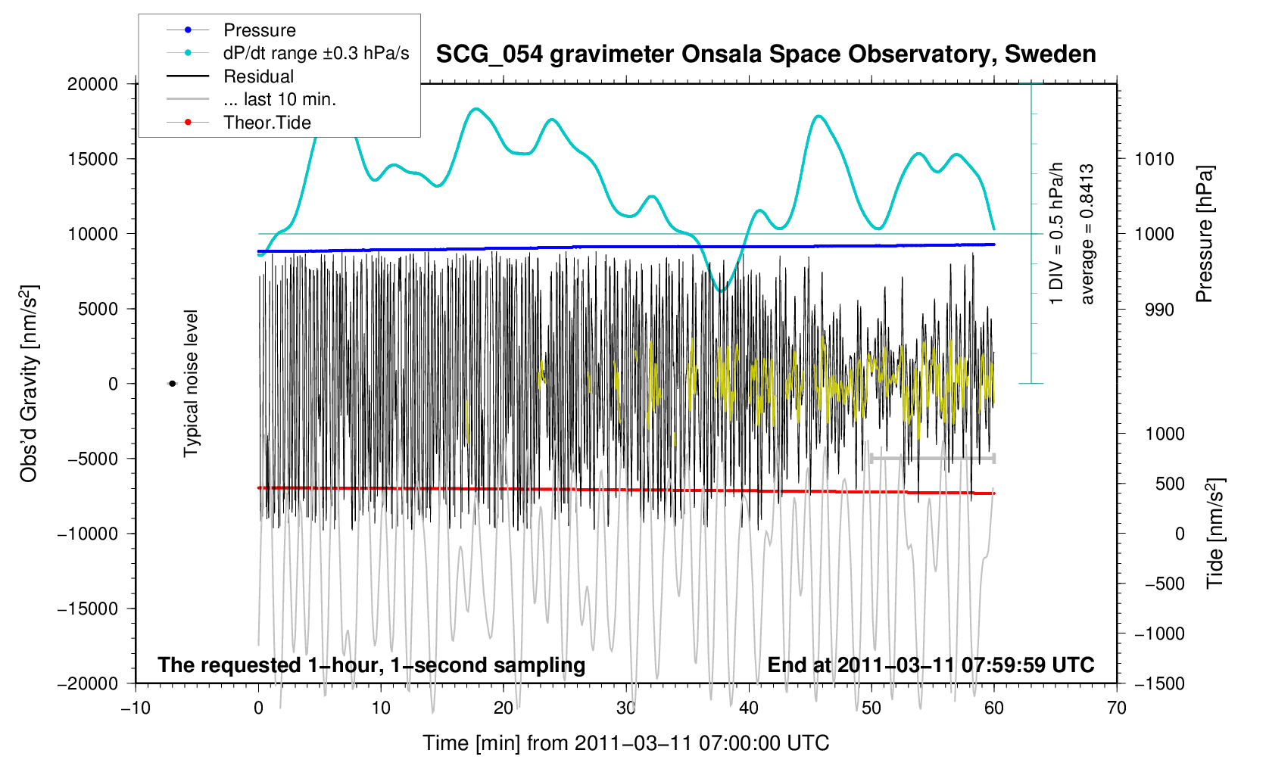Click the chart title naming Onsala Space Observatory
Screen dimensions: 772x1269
coord(765,54)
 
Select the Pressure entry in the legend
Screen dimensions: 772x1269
coord(259,30)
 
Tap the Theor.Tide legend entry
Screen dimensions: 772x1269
coord(267,123)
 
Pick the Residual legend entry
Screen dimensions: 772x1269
coord(258,76)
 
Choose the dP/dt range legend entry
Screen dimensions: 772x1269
coord(316,53)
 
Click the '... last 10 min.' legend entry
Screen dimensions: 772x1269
coord(279,99)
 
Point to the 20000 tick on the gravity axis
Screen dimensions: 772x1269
coord(92,84)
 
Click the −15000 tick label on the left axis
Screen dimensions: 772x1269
coord(88,609)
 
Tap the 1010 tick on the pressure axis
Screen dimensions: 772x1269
coord(1154,159)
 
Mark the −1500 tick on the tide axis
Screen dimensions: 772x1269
coord(1157,683)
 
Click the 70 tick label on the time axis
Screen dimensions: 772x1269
coord(1116,708)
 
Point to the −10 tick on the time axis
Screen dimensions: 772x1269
coord(136,708)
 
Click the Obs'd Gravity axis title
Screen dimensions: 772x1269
coord(29,384)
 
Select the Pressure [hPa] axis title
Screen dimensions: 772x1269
coord(1204,235)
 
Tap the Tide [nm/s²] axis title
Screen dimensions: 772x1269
coord(1215,534)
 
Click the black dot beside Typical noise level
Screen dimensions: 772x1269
coord(173,384)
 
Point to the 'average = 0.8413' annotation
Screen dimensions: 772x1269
coord(1087,235)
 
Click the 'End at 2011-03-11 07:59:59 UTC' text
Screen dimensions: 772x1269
coord(931,665)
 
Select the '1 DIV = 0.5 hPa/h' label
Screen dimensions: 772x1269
coord(1056,235)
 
